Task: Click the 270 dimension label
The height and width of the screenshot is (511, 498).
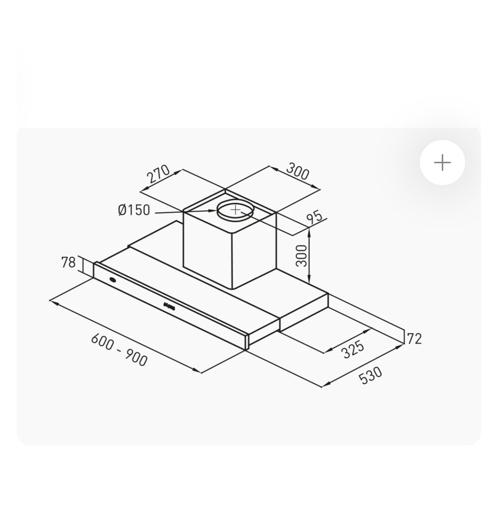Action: (158, 174)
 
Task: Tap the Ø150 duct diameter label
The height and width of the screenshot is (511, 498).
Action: (134, 210)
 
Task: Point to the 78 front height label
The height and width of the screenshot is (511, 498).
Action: (68, 262)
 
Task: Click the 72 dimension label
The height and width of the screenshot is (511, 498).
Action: (414, 339)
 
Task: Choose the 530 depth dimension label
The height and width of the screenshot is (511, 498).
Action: (371, 376)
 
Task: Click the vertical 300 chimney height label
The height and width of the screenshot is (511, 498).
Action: (301, 255)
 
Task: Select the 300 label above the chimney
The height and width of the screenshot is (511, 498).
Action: (298, 171)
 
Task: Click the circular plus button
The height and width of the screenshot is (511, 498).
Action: (442, 163)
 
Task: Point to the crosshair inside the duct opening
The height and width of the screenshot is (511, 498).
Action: (235, 209)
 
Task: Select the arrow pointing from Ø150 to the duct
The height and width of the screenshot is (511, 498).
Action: (185, 212)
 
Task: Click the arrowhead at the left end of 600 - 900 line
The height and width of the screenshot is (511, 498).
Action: (52, 301)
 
